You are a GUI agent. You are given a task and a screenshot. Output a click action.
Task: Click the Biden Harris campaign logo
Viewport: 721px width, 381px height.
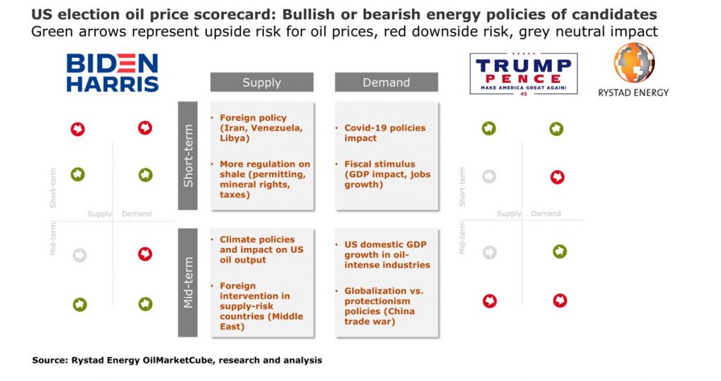click(113, 73)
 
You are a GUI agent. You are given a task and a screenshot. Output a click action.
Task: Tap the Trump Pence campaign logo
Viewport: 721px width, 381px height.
click(524, 74)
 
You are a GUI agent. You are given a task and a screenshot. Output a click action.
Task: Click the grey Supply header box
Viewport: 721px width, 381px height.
click(262, 82)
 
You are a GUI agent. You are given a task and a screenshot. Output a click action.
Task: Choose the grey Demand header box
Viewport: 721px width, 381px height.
click(386, 82)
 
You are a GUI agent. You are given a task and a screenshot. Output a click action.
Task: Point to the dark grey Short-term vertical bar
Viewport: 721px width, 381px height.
click(188, 156)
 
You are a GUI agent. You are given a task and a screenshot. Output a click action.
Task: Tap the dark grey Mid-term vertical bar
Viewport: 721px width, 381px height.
click(188, 282)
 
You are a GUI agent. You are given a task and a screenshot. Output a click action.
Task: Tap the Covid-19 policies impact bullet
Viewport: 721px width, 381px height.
click(384, 133)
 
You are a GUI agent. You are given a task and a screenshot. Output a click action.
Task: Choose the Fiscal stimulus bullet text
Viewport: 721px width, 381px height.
click(387, 175)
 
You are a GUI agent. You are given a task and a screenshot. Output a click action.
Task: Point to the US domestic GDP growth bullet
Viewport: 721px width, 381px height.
click(387, 254)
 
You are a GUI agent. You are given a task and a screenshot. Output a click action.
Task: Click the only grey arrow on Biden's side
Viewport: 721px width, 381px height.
click(80, 255)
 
